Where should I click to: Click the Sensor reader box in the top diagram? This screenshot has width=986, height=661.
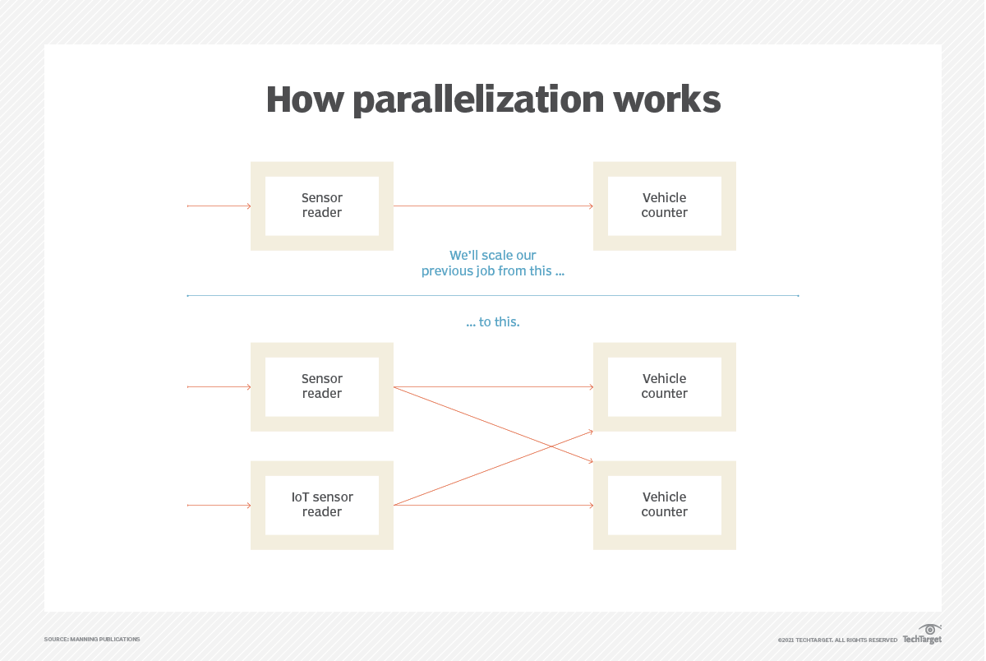[322, 206]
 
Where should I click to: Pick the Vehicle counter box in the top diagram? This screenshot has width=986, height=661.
[664, 206]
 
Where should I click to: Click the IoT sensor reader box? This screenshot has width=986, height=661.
[322, 505]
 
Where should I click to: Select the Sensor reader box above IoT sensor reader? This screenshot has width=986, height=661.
[322, 386]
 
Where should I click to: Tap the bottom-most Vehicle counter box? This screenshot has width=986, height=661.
[664, 505]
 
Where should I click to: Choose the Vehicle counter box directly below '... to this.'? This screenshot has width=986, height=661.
[664, 386]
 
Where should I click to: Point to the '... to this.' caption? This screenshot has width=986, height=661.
[493, 322]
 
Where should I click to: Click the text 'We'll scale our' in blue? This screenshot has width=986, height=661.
[493, 256]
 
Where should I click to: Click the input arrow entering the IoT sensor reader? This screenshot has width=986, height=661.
[219, 505]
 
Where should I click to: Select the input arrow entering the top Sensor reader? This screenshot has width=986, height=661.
[219, 206]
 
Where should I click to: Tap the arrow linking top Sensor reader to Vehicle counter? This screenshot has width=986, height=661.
[493, 206]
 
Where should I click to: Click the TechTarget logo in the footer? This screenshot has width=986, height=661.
[923, 636]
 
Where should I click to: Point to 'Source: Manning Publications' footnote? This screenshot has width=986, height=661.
[92, 639]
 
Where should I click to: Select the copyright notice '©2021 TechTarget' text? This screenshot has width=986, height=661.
[837, 640]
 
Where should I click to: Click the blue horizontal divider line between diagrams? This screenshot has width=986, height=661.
[493, 295]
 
